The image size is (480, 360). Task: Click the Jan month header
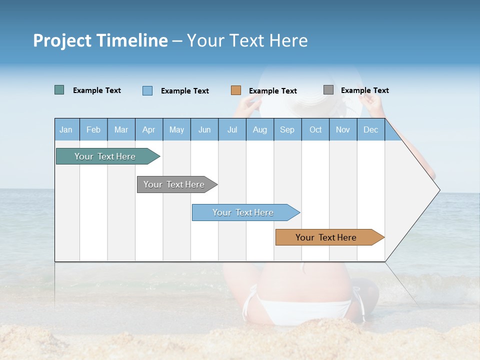tap(66, 129)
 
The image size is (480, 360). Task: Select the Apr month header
tap(148, 129)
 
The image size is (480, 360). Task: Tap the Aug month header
tap(259, 129)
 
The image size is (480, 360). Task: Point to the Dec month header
tap(370, 129)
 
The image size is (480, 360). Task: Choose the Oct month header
tap(315, 129)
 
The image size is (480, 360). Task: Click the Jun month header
tap(204, 129)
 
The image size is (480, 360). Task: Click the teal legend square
tap(59, 90)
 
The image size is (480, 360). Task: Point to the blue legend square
tap(147, 90)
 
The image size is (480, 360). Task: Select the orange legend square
tap(235, 90)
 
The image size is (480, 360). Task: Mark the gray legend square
tap(328, 89)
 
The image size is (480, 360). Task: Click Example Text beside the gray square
tap(364, 90)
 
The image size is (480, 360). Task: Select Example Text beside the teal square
tap(96, 90)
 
